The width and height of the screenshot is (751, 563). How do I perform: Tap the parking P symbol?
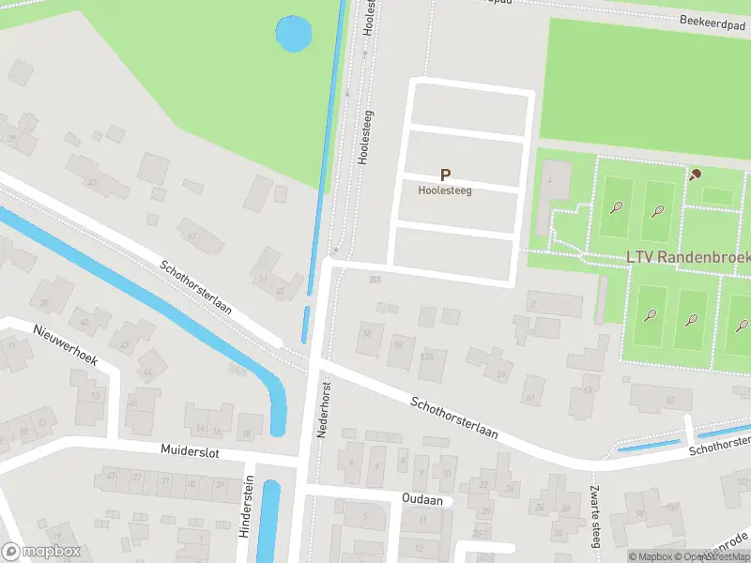pyautogui.click(x=446, y=175)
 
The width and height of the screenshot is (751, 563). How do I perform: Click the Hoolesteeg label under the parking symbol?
pyautogui.click(x=445, y=189)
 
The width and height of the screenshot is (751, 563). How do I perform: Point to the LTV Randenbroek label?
pyautogui.click(x=688, y=257)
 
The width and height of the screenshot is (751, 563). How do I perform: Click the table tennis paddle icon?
pyautogui.click(x=696, y=174)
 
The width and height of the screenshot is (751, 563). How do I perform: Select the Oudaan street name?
pyautogui.click(x=421, y=500)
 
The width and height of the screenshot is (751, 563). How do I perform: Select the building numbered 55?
pyautogui.click(x=369, y=333)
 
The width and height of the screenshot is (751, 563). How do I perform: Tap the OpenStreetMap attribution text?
pyautogui.click(x=713, y=556)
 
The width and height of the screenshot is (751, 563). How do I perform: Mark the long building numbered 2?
pyautogui.click(x=554, y=303)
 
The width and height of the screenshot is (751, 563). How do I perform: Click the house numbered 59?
pyautogui.click(x=501, y=373)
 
